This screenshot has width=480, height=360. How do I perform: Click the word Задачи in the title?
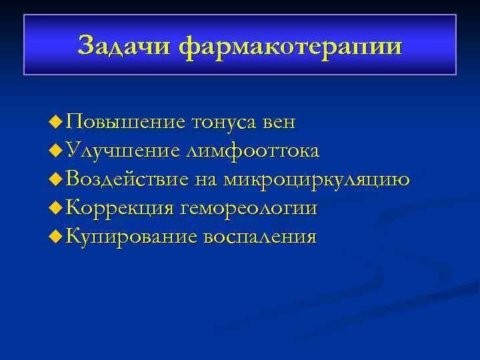(126, 46)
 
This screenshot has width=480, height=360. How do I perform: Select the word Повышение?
(127, 122)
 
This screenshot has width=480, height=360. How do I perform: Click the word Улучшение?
(123, 151)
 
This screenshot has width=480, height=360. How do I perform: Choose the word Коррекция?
(122, 209)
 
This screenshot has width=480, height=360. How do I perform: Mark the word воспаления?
(260, 237)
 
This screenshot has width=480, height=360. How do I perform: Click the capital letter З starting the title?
(85, 46)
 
